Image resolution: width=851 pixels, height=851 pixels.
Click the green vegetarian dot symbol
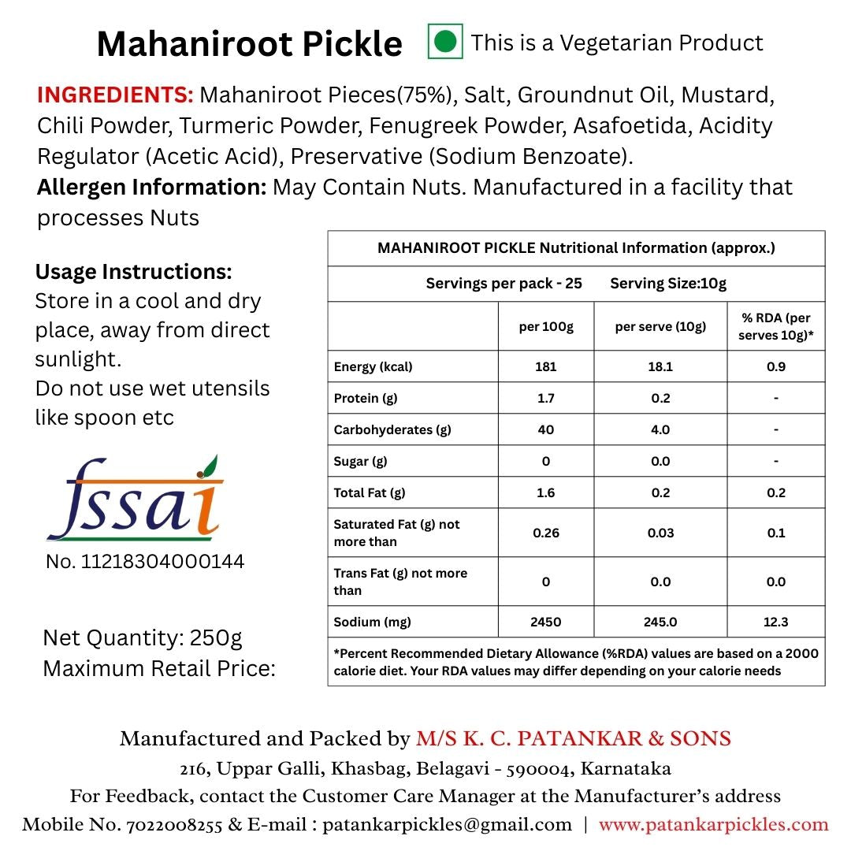(x=445, y=42)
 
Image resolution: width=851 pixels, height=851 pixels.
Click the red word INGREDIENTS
(x=115, y=95)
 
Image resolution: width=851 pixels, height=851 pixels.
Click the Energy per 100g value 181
(x=545, y=366)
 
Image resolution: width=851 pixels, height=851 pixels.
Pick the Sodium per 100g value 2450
(x=545, y=622)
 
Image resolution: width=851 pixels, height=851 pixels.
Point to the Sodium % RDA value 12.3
(x=775, y=622)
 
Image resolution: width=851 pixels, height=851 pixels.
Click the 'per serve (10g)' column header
(x=660, y=326)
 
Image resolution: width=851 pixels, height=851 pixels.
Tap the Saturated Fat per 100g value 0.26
(x=545, y=533)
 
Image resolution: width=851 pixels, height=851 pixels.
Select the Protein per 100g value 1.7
(x=545, y=398)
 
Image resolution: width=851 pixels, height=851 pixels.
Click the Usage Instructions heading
(x=134, y=273)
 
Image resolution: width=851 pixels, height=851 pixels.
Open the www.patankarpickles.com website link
(x=714, y=825)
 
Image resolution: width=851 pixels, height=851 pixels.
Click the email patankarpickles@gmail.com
(x=447, y=825)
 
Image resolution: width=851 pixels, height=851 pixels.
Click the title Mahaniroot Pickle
(x=249, y=44)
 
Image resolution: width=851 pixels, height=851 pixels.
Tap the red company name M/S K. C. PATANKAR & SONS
(x=574, y=739)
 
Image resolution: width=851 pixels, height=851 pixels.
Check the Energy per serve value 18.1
(x=660, y=366)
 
